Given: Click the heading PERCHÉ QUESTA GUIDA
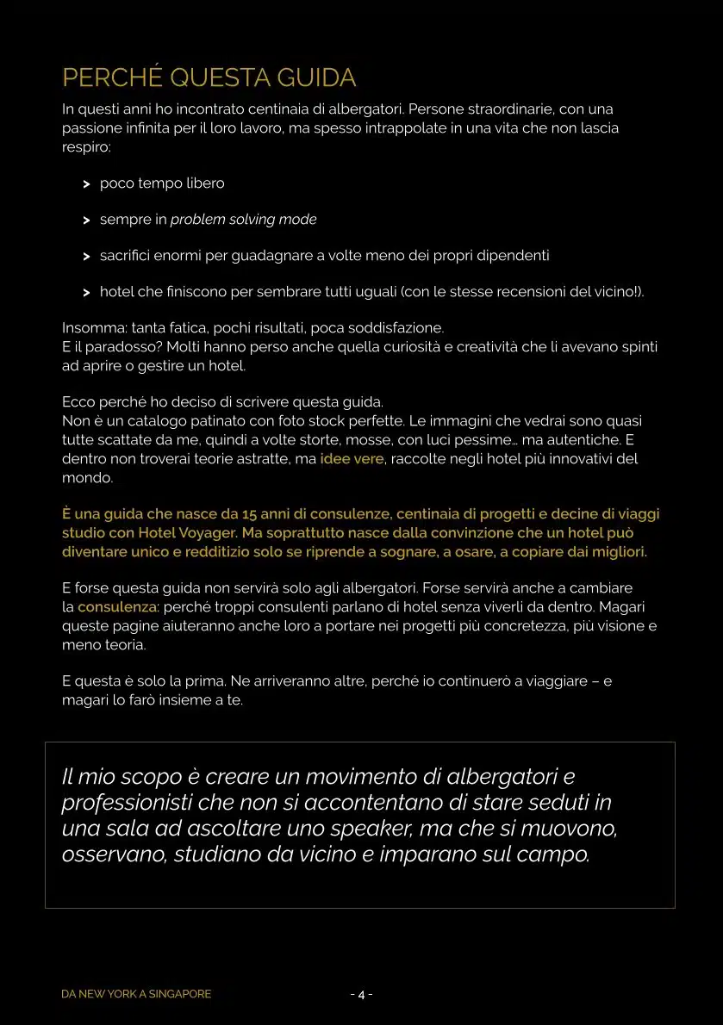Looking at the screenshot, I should [209, 78].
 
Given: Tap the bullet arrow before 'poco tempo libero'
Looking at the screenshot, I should [86, 184].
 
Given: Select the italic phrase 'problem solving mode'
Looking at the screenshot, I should [243, 220].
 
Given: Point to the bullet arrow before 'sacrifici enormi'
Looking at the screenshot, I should [86, 257].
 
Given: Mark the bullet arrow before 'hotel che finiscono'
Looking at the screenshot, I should [86, 293].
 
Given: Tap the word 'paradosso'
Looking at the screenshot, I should [121, 346].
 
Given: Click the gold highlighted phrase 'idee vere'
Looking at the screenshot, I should [352, 459].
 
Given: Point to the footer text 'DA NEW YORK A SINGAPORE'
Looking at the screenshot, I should [136, 994].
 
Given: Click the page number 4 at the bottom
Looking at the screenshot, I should [362, 995].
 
